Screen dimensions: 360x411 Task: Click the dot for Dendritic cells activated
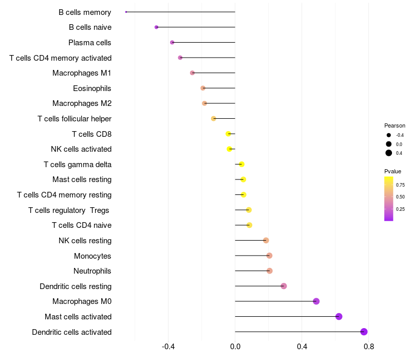click(x=364, y=332)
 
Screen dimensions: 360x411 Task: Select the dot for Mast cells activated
click(x=339, y=316)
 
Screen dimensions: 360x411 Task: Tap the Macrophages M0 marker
click(x=316, y=301)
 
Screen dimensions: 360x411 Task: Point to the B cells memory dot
click(x=126, y=12)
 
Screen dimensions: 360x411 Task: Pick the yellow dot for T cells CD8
click(x=229, y=134)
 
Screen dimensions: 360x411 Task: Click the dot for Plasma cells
click(x=172, y=42)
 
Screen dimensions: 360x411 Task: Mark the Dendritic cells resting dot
click(x=284, y=286)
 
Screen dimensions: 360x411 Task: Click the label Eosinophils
click(x=92, y=88)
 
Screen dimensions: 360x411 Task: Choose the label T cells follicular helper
click(x=74, y=119)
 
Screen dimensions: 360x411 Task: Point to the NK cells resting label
click(x=85, y=241)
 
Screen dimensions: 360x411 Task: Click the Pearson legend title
click(x=395, y=125)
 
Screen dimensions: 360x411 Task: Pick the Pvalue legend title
click(x=393, y=171)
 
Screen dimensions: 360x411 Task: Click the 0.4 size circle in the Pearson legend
click(x=389, y=153)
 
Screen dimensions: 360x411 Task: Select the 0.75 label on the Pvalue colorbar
click(x=400, y=185)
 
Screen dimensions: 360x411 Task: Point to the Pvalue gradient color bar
click(x=389, y=199)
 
